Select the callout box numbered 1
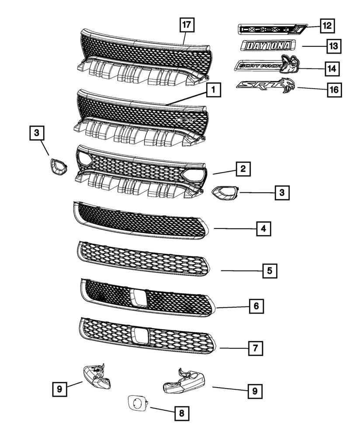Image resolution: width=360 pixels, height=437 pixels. [213, 91]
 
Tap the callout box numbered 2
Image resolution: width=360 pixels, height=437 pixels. [243, 169]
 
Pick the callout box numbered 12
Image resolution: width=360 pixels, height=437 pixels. [327, 26]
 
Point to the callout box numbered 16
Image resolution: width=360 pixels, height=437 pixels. [333, 90]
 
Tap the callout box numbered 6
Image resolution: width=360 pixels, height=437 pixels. [256, 306]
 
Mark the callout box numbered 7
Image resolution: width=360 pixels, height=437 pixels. [256, 348]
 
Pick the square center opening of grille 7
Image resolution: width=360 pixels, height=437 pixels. [141, 336]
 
